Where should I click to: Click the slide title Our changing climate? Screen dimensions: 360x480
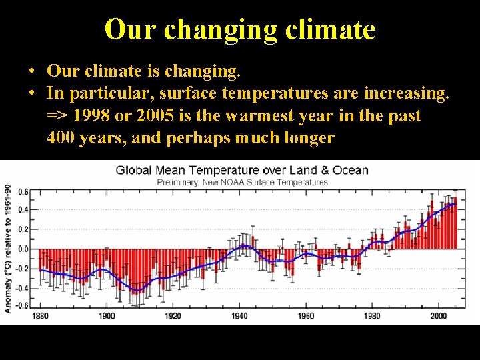(240, 29)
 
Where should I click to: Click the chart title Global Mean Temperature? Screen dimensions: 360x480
(242, 170)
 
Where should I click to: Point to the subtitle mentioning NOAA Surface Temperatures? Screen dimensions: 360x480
(242, 182)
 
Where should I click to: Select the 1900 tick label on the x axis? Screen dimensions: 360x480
(106, 316)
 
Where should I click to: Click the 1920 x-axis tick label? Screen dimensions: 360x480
(173, 316)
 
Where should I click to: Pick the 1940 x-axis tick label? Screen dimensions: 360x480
(239, 316)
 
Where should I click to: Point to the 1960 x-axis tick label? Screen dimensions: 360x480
(305, 316)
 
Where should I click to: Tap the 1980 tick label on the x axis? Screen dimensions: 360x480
(372, 316)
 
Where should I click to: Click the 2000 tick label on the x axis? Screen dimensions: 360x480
(438, 316)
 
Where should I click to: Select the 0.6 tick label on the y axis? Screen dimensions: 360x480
(23, 192)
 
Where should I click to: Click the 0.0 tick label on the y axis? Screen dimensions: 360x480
(23, 249)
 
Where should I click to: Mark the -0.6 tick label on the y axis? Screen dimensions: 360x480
(21, 305)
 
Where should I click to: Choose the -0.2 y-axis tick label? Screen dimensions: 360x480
(21, 268)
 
